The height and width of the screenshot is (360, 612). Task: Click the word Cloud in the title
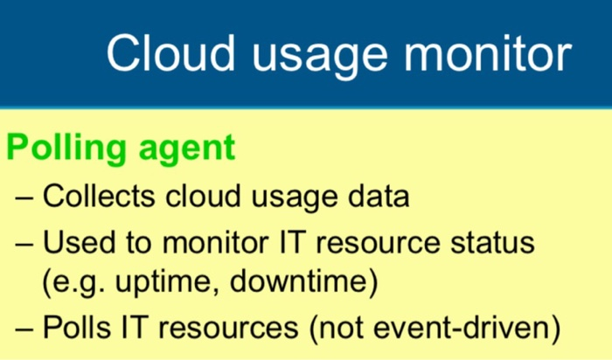pyautogui.click(x=171, y=53)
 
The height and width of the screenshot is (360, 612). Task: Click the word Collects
pyautogui.click(x=99, y=196)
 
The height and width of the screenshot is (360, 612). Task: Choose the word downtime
pyautogui.click(x=299, y=281)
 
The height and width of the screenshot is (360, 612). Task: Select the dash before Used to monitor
pyautogui.click(x=24, y=244)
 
